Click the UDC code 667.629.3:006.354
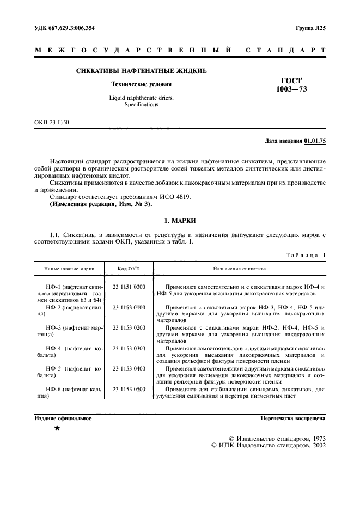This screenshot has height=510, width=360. (76, 28)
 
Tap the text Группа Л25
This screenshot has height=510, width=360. (310, 28)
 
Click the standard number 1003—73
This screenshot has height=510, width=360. (291, 89)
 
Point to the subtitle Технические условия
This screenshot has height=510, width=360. (141, 84)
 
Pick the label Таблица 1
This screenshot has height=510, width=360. (305, 254)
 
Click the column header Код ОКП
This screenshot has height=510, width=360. (129, 269)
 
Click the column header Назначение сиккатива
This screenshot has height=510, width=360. (239, 269)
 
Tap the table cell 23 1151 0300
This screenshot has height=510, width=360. (129, 287)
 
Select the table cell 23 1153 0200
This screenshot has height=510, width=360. (129, 327)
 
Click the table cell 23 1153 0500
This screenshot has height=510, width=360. (129, 389)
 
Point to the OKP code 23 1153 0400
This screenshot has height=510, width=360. (129, 369)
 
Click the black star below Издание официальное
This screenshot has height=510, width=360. (57, 428)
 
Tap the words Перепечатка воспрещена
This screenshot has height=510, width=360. (293, 418)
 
